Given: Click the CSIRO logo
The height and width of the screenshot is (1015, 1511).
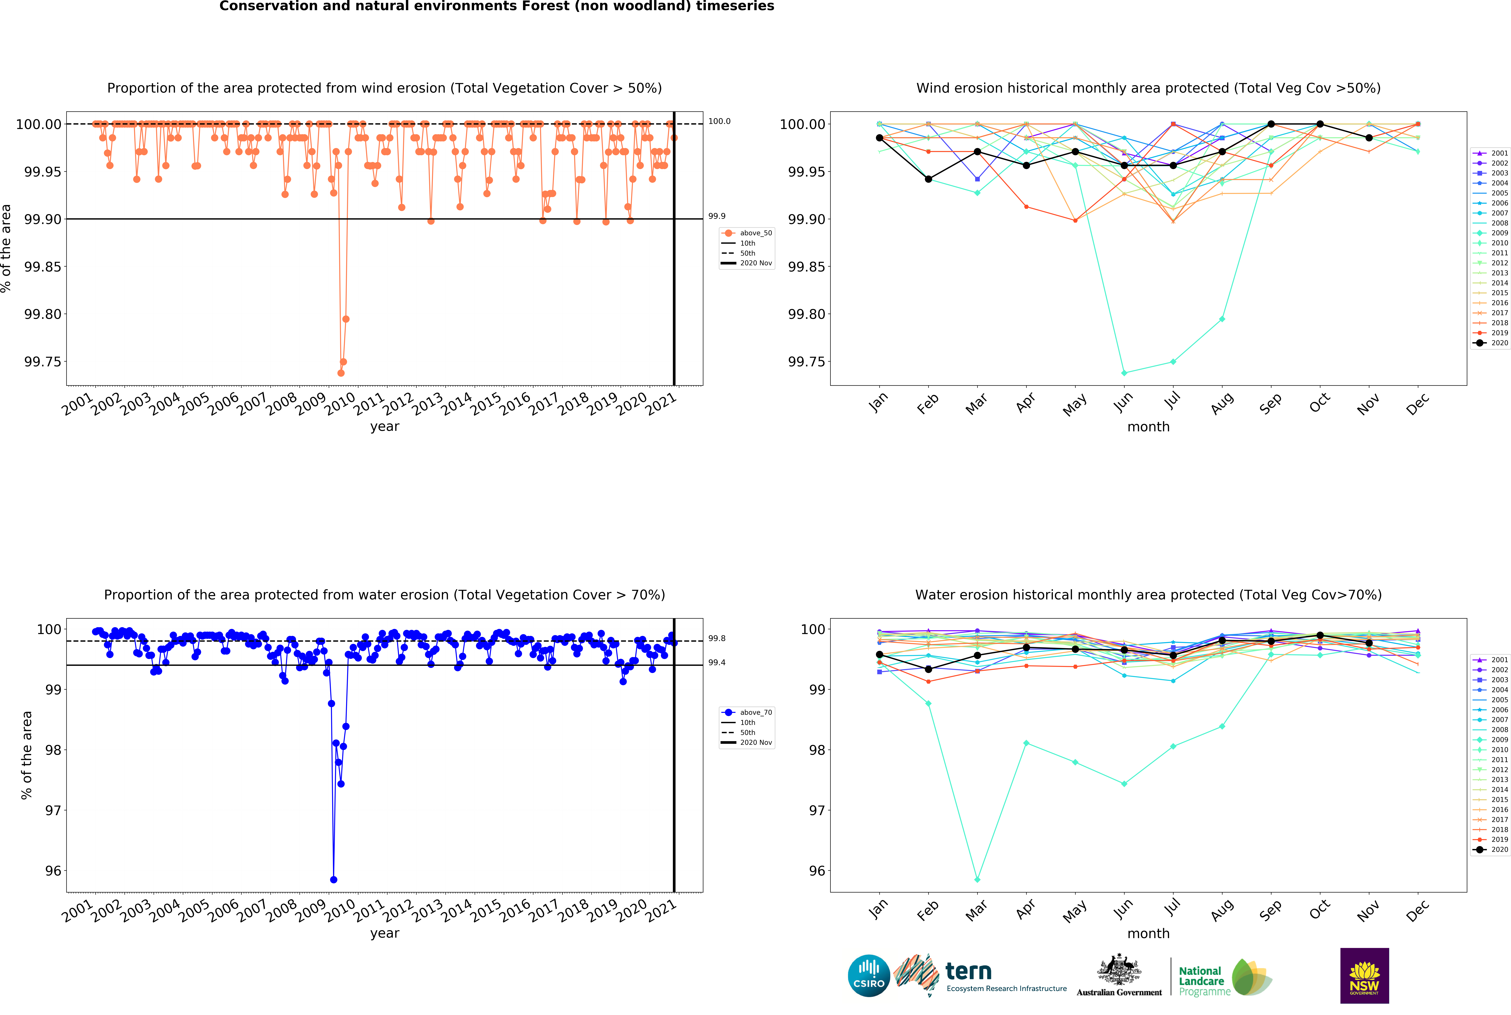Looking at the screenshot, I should pos(869,975).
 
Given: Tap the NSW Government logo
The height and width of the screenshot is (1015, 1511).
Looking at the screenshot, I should pos(1364,975).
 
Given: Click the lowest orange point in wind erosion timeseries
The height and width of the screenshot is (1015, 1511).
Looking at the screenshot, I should pos(341,373).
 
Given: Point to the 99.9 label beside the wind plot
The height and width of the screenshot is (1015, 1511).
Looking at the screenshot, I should pos(716,216).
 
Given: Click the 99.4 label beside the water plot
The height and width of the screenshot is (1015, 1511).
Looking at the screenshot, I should pos(716,662).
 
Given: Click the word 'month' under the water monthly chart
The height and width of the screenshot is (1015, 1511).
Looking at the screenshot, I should pos(1148,934).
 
